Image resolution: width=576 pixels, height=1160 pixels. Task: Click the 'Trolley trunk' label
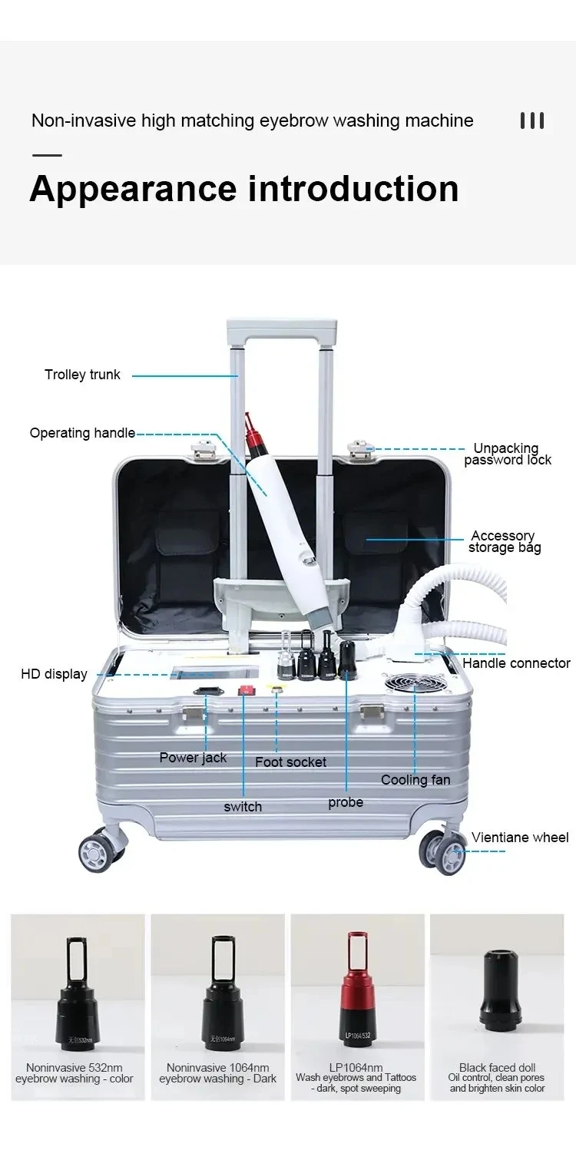tap(82, 375)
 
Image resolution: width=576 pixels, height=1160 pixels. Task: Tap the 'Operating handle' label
tap(82, 433)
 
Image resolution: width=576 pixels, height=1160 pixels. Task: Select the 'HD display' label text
tap(54, 675)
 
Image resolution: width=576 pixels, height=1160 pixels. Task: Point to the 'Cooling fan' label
tap(415, 780)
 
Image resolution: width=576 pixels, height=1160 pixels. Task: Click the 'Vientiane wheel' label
tap(520, 838)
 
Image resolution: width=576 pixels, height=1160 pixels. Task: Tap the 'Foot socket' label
tap(290, 762)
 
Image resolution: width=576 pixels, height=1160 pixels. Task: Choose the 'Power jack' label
tap(193, 758)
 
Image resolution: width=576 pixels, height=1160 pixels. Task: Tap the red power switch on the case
tap(246, 689)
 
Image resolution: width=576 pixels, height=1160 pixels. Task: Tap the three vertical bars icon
tap(531, 121)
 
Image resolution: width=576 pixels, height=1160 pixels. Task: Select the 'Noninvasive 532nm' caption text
tap(74, 1068)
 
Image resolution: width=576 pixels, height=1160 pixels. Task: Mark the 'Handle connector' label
tap(516, 663)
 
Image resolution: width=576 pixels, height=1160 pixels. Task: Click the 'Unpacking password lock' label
tap(507, 454)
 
